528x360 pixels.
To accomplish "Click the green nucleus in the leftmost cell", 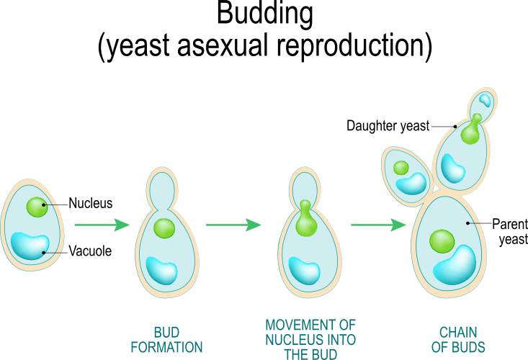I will tap(37, 207).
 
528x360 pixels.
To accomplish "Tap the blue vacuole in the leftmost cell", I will tap(30, 245).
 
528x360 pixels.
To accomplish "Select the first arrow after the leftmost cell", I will tap(101, 225).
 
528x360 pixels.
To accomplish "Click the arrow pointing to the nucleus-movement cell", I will tap(233, 225).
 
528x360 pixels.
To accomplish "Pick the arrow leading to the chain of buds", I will tap(378, 225).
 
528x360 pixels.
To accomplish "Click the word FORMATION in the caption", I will tap(166, 347).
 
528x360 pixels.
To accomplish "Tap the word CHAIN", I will tap(458, 333).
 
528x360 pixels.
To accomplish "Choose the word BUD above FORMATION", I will tap(166, 333).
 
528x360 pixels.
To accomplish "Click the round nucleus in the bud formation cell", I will tap(164, 228).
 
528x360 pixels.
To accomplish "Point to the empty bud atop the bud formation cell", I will tap(162, 187).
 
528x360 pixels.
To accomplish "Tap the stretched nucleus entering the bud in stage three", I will tap(306, 220).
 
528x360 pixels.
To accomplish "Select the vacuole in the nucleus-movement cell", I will tap(304, 270).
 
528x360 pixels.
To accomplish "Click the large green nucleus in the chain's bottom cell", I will tap(442, 241).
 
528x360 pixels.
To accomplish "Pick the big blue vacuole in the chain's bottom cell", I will tap(455, 265).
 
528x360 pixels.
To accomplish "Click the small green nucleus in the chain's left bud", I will tap(401, 168).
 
